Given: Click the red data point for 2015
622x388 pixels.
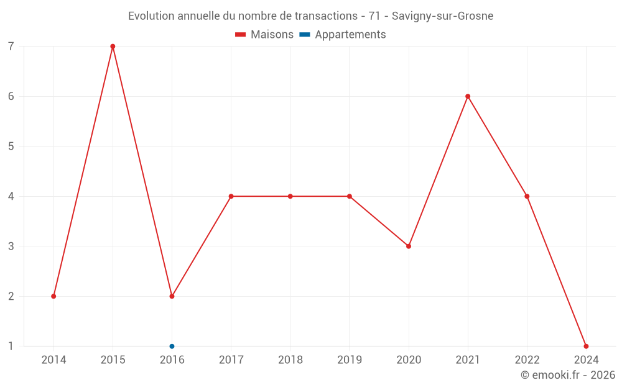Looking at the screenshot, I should pos(113,47).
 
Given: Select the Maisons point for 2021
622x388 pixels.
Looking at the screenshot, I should pos(468,96).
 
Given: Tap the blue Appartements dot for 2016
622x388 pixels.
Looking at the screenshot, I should pos(172,346).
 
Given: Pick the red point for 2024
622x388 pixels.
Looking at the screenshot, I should pos(586,346).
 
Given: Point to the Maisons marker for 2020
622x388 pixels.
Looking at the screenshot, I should pos(409,246).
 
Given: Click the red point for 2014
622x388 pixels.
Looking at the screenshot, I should pos(53,296).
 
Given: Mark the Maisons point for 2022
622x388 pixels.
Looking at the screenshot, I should pos(527,196).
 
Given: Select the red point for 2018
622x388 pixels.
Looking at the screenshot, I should pos(290,196).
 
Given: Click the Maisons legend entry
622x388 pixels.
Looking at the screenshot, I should pos(264,35).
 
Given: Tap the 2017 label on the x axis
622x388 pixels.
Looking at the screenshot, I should pos(231,360).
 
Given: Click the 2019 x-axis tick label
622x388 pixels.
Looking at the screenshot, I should pos(349,360).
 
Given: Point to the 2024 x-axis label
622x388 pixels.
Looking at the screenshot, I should pos(586,360).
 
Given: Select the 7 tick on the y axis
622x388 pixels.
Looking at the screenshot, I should pos(11,47).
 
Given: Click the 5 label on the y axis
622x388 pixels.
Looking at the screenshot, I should pos(11,147).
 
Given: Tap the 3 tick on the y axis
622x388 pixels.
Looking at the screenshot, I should pos(11,246).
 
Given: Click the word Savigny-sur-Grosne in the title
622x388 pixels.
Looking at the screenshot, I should pos(442,16).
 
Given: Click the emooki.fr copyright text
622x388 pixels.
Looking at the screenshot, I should pos(568,375).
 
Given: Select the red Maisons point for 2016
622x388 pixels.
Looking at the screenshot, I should pos(172,296).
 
